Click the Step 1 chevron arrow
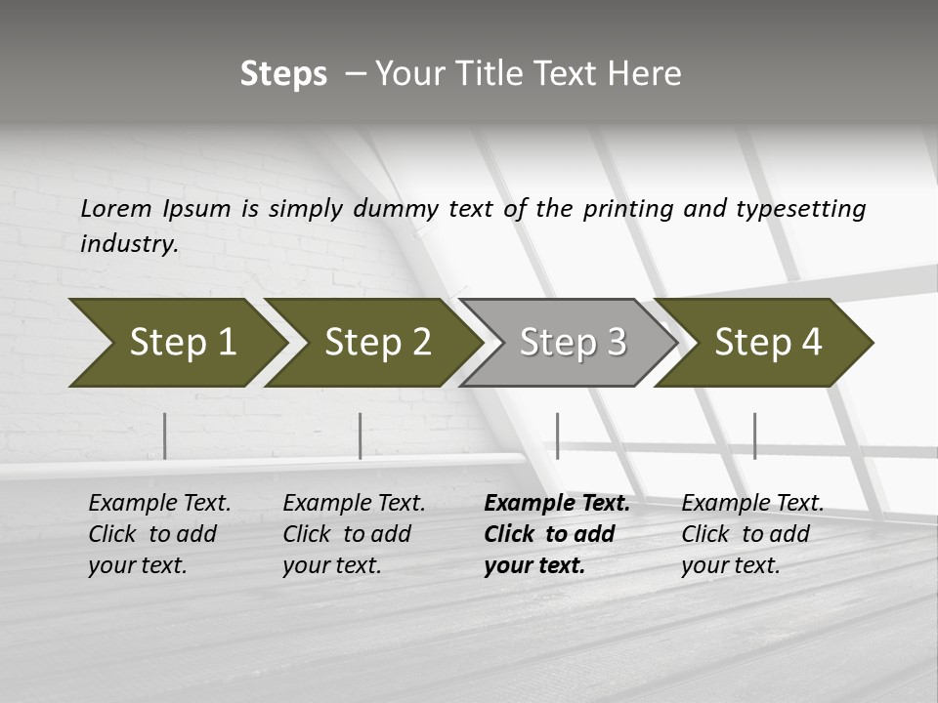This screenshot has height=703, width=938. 176,342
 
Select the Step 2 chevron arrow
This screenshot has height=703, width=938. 371,342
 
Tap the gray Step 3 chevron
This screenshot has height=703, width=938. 567,342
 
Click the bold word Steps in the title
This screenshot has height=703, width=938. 283,74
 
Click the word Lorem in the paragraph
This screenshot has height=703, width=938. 116,208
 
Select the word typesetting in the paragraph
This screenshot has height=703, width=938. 800,208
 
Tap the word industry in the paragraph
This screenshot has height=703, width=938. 128,243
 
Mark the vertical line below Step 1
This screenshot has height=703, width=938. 165,435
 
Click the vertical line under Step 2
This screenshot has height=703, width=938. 361,435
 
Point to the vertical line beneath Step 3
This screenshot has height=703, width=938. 557,435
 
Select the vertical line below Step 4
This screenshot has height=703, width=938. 754,435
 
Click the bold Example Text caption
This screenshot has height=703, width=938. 557,534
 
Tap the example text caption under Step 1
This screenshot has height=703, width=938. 159,534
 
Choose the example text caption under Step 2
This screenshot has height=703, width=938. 354,534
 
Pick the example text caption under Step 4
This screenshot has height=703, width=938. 752,534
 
